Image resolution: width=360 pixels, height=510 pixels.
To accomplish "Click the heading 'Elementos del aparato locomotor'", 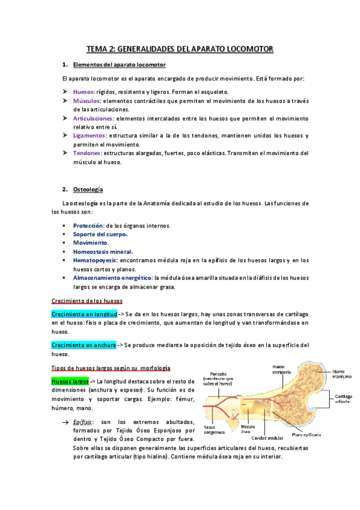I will (x=119, y=64).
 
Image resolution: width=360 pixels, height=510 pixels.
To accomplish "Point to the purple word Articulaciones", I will (x=93, y=118).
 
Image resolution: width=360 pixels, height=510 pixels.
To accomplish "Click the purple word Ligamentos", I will (x=90, y=136).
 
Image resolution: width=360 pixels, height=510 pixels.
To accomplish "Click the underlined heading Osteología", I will (x=88, y=189).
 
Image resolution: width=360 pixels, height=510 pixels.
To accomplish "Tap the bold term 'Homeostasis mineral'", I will (x=103, y=251).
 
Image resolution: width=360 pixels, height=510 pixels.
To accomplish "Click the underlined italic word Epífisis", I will (x=83, y=423).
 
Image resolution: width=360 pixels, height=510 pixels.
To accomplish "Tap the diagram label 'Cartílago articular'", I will (x=343, y=401).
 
